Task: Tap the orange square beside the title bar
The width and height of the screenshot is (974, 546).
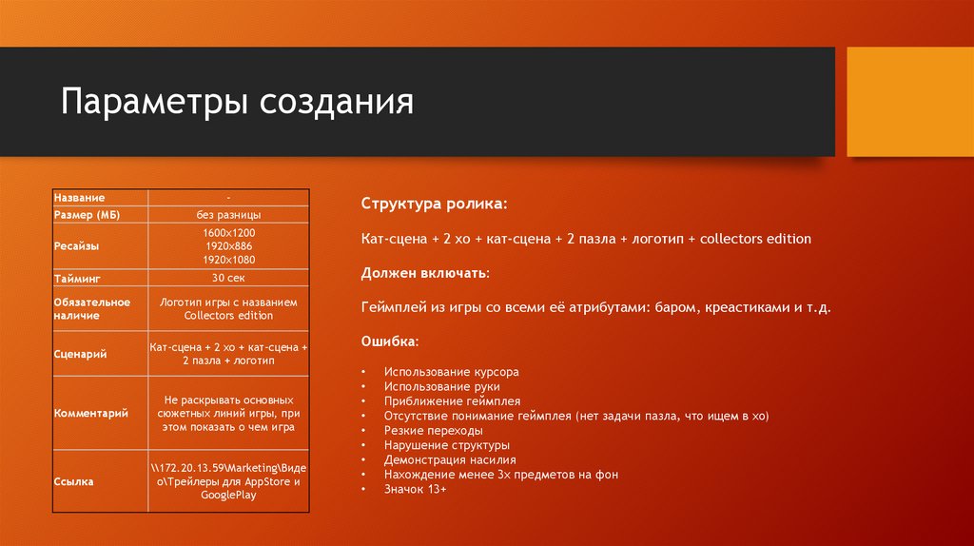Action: click(908, 102)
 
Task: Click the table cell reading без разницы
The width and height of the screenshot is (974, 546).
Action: click(228, 215)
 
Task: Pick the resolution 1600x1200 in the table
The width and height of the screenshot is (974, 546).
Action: click(228, 233)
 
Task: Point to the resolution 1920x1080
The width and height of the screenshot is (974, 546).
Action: click(228, 260)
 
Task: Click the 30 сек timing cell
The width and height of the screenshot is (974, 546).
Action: click(228, 278)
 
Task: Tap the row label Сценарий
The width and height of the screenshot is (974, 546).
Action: click(79, 354)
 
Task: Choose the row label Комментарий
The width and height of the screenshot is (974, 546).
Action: click(90, 414)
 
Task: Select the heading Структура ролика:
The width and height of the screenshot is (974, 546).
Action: click(434, 205)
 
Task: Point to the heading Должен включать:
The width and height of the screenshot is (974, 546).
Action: click(425, 273)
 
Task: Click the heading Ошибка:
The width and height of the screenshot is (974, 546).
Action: click(389, 341)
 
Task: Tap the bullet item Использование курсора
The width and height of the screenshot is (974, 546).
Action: click(452, 372)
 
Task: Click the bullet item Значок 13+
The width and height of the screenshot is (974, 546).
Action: click(415, 488)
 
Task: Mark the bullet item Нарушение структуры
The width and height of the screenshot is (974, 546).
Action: click(446, 445)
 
